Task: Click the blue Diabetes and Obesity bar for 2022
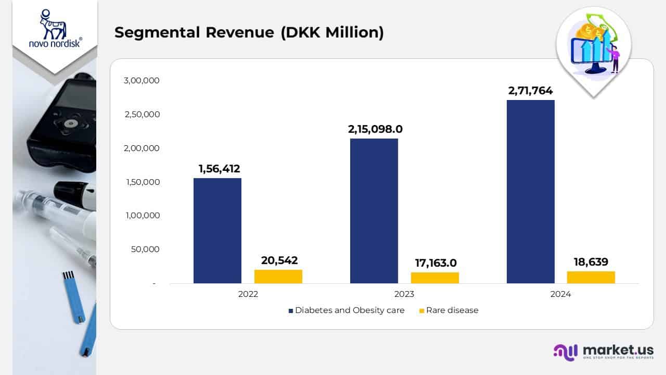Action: point(217,231)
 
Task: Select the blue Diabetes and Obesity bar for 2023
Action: point(374,211)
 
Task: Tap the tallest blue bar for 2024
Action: point(530,192)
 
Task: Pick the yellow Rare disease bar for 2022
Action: point(278,277)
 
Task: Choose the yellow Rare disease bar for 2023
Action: point(434,278)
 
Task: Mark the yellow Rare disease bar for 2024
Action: point(591,277)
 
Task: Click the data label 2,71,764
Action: point(530,91)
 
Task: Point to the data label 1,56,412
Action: point(219,169)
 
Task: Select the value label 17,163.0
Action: point(434,263)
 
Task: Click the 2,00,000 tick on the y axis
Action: point(142,148)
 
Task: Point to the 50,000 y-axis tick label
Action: point(145,249)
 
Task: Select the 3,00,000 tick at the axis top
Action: point(142,81)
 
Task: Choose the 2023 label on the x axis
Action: point(404,294)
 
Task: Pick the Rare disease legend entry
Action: point(451,310)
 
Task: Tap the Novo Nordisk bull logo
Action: point(54,25)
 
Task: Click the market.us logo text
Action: point(618,349)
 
